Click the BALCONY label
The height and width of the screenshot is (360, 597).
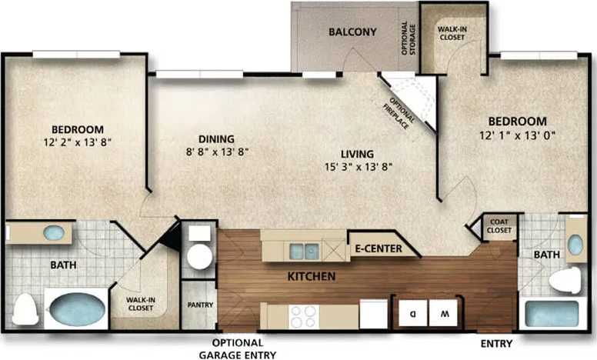(352, 32)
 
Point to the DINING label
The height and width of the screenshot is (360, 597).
(216, 139)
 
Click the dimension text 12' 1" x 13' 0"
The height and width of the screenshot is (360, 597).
(518, 135)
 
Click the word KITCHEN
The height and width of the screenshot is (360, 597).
(311, 275)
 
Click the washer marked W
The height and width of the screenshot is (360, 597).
(444, 313)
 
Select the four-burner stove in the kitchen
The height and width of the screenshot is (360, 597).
(303, 315)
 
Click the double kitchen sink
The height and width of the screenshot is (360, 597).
(304, 250)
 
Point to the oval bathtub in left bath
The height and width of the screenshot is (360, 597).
(76, 310)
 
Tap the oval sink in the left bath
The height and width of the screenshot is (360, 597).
(53, 232)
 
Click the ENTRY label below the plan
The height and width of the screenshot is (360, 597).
(496, 343)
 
